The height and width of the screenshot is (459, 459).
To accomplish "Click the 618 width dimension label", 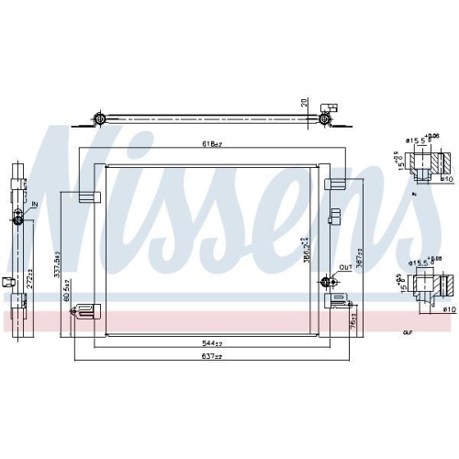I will click(214, 144).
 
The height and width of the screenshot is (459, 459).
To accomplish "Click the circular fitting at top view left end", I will click(99, 118).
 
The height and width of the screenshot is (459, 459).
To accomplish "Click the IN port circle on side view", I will click(20, 217).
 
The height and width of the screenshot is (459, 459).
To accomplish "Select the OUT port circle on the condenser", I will click(326, 281).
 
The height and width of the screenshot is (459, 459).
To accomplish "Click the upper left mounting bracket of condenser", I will click(87, 194).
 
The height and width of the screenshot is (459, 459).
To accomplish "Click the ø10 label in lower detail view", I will click(448, 309).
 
